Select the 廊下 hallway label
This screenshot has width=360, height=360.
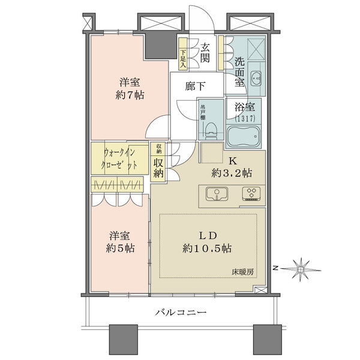tap(194, 86)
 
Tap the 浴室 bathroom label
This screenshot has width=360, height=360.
tap(245, 110)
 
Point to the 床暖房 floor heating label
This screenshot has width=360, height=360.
tap(243, 272)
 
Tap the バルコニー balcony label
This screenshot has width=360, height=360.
tap(181, 313)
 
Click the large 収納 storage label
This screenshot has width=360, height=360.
tap(158, 167)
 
